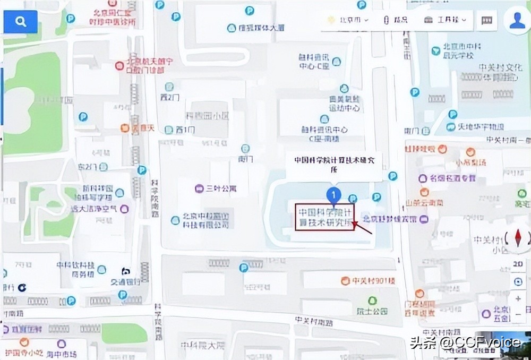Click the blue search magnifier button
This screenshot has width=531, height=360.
[21, 22]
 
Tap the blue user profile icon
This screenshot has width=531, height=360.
[517, 20]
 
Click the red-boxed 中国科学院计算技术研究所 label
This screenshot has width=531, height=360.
[324, 217]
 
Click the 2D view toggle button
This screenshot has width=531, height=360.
[518, 264]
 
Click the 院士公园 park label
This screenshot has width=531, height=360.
[372, 311]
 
